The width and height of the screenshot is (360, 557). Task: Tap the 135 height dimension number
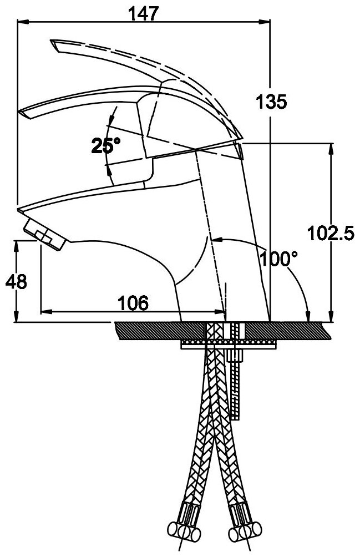tap(271, 102)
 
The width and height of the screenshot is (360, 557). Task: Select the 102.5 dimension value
tap(331, 234)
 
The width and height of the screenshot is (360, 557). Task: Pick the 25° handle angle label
tap(105, 146)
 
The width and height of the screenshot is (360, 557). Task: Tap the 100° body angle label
tap(280, 259)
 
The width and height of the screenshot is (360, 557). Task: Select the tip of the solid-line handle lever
tap(26, 113)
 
